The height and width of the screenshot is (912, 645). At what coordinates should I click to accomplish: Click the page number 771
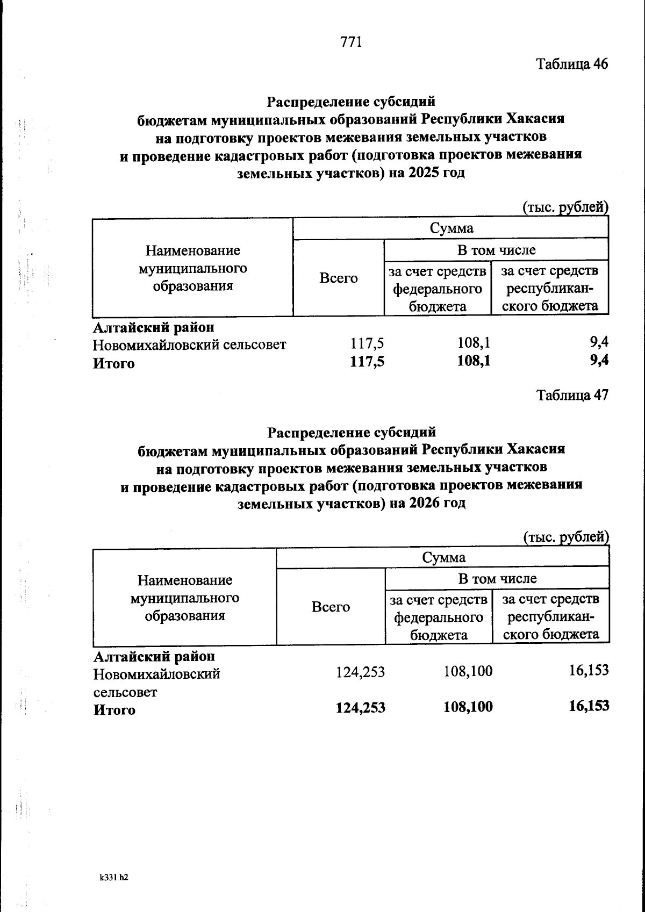pos(351,42)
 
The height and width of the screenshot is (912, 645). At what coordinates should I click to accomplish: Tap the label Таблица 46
pos(572,64)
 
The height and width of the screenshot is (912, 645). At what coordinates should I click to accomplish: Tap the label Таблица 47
pos(572,396)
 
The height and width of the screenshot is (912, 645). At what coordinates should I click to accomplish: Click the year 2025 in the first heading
pos(425,174)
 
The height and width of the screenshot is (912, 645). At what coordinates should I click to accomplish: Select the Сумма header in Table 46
pos(451,228)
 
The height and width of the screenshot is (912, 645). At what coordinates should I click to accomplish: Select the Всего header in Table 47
pos(331,607)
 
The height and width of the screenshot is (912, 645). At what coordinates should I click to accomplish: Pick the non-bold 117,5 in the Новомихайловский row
pos(367,344)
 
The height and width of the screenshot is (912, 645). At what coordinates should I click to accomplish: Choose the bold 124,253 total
pos(360,708)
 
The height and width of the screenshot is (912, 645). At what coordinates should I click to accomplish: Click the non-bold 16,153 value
pos(589,670)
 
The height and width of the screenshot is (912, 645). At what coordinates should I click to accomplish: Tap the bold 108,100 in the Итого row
pos(468,707)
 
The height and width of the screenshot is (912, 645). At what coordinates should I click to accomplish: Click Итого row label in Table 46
pos(114,364)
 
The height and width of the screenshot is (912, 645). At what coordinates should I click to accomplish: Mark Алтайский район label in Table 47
pos(154,657)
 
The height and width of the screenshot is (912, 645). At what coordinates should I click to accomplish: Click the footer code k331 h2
pos(114,877)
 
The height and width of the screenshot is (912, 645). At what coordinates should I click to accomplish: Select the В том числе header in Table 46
pos(496,250)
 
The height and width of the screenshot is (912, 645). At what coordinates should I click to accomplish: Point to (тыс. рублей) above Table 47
pos(565,537)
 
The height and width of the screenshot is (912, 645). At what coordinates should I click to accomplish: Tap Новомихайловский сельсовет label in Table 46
pos(189,345)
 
